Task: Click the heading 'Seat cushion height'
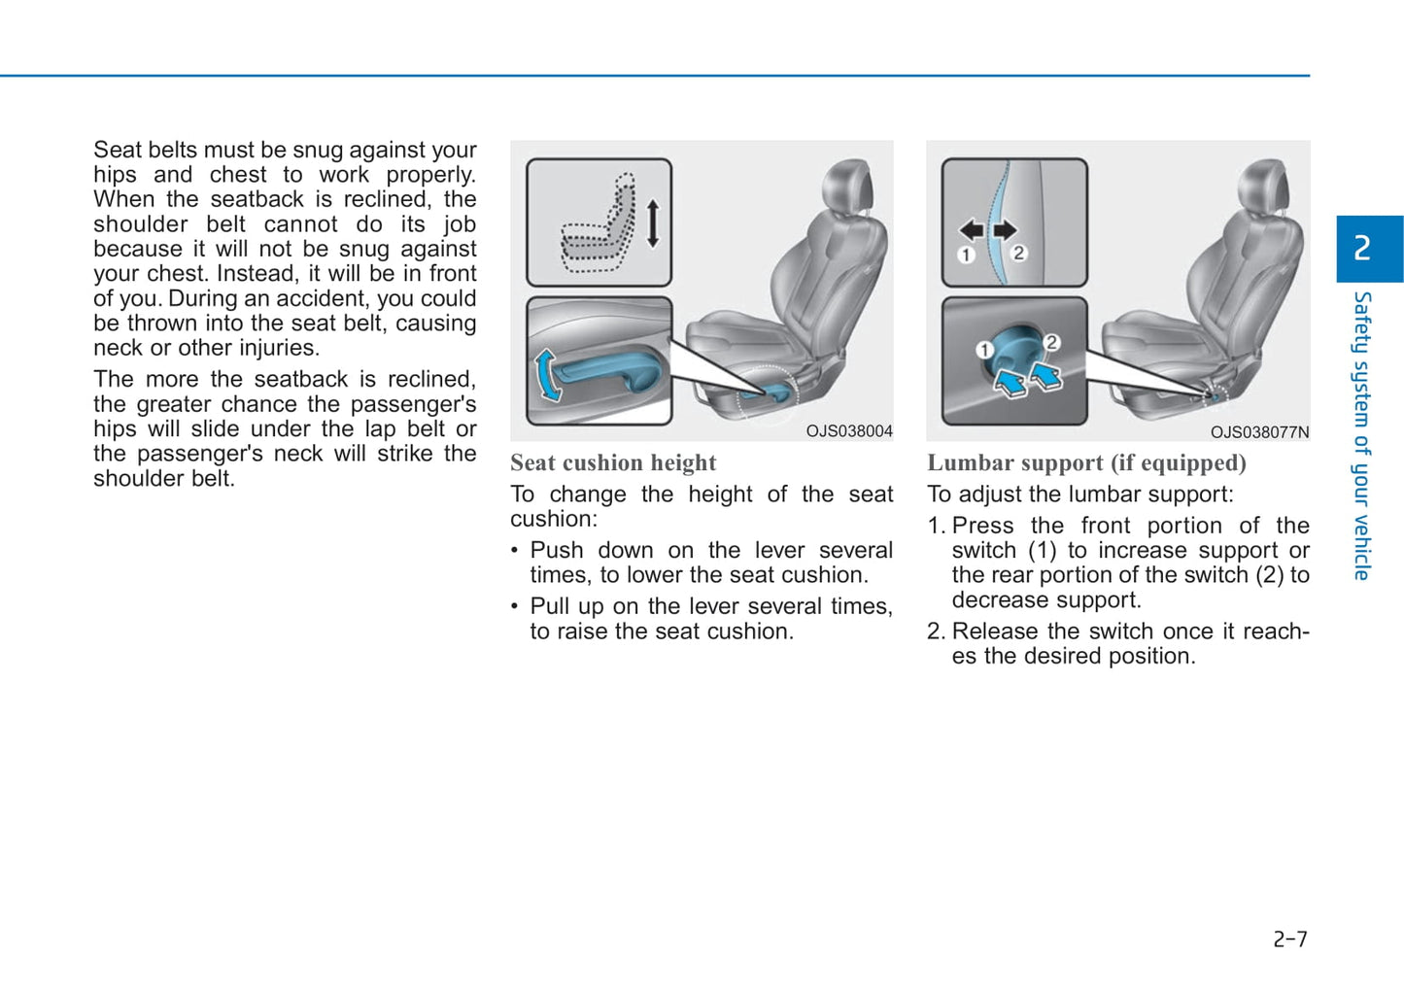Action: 613,463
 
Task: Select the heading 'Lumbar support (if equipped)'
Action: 1086,463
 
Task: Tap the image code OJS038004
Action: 848,431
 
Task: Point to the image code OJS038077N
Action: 1259,432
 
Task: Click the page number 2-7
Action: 1290,939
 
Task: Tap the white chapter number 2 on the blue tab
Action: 1362,249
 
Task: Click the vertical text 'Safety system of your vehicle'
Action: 1362,436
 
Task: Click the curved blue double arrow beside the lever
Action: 547,375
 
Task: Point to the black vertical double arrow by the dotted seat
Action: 653,222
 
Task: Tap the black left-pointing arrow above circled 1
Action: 971,229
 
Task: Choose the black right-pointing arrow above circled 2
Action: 1005,229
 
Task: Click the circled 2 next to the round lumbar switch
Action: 1050,342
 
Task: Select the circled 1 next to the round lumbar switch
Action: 984,350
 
